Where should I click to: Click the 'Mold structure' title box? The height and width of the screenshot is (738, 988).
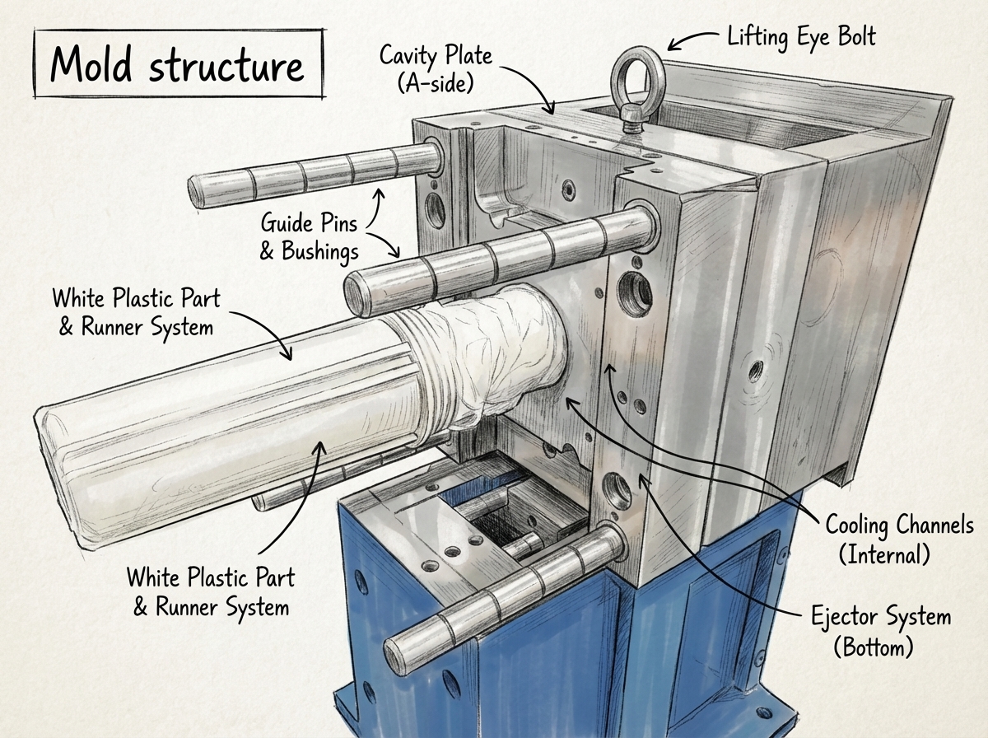pyautogui.click(x=179, y=64)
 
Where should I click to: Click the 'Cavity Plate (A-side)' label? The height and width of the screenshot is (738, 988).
pyautogui.click(x=436, y=70)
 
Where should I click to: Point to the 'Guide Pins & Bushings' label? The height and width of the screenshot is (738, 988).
pyautogui.click(x=310, y=237)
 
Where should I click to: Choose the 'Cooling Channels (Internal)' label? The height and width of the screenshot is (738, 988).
pyautogui.click(x=899, y=539)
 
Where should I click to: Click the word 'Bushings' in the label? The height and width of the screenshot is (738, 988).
pyautogui.click(x=320, y=252)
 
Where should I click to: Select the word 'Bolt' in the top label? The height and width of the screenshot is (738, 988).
pyautogui.click(x=857, y=37)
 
